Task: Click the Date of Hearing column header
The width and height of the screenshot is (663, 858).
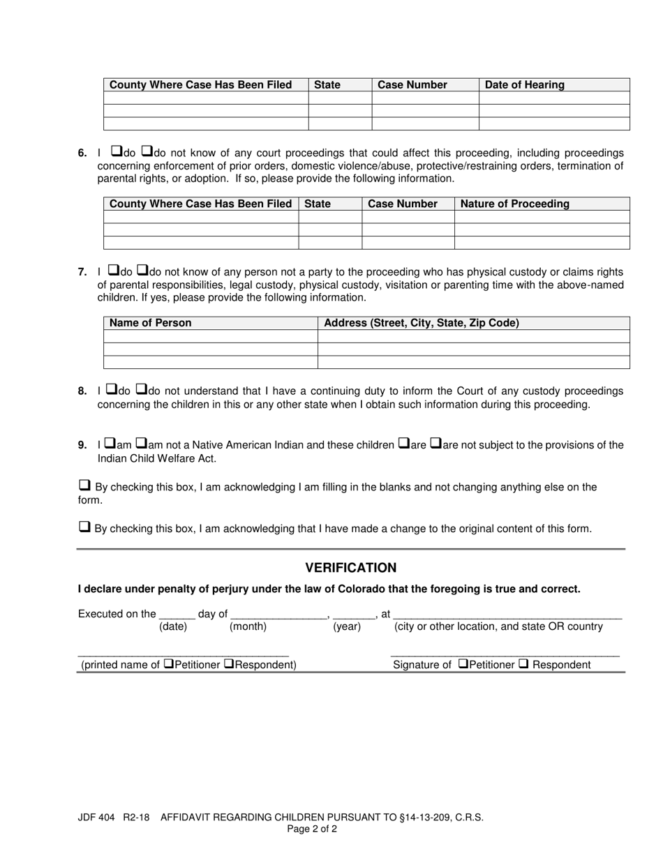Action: pyautogui.click(x=524, y=85)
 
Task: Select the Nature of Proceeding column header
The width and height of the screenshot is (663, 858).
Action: pyautogui.click(x=514, y=204)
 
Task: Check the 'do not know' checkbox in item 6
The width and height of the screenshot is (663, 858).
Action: pyautogui.click(x=147, y=151)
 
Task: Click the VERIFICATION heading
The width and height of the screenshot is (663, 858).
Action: pyautogui.click(x=350, y=568)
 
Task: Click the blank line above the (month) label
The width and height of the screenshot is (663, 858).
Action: pyautogui.click(x=278, y=615)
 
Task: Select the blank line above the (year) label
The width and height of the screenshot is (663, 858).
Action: pyautogui.click(x=354, y=615)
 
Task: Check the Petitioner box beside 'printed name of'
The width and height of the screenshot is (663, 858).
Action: pyautogui.click(x=169, y=663)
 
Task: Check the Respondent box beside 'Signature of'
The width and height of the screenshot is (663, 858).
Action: pyautogui.click(x=524, y=663)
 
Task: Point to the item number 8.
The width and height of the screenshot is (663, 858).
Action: pyautogui.click(x=82, y=392)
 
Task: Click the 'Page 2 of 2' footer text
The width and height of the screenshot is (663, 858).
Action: pyautogui.click(x=312, y=829)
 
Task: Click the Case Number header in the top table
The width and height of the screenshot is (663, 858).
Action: pyautogui.click(x=412, y=85)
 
